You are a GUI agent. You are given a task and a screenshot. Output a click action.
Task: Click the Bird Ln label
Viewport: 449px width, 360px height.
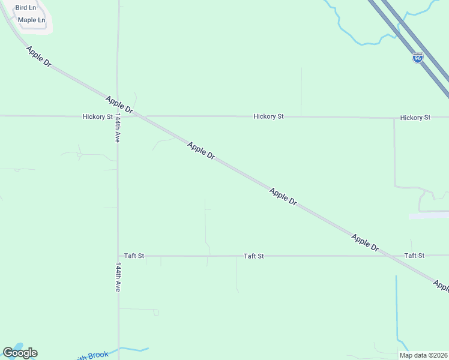tap(25, 8)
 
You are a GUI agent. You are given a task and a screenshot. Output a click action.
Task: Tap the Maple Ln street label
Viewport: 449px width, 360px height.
tap(31, 20)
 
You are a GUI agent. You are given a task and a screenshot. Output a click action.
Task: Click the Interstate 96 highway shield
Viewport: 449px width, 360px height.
tap(418, 59)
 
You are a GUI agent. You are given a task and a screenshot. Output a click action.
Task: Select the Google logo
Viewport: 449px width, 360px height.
tap(20, 352)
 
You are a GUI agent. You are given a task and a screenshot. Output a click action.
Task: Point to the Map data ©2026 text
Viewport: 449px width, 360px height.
tap(423, 355)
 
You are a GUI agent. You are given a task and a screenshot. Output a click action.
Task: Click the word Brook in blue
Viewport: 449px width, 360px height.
tap(98, 355)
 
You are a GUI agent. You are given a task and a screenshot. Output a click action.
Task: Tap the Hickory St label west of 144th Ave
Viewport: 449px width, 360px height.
tap(98, 116)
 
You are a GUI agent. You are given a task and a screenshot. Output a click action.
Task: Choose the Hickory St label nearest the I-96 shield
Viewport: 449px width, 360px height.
tap(415, 118)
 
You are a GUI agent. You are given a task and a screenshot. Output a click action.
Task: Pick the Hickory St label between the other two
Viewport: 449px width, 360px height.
tap(268, 116)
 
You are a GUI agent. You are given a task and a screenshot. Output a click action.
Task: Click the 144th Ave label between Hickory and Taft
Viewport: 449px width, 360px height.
tap(118, 127)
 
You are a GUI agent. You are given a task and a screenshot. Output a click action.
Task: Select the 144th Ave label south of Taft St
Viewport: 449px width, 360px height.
tap(118, 277)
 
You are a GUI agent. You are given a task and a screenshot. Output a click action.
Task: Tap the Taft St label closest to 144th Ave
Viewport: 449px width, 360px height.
tap(134, 256)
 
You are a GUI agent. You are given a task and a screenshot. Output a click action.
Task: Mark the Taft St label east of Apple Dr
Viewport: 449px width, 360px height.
tap(414, 256)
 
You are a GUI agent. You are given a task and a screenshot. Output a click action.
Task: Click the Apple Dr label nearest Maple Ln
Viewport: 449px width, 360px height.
tap(38, 56)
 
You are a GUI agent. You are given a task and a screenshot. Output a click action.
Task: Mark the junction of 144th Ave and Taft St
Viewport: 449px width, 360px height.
tap(118, 256)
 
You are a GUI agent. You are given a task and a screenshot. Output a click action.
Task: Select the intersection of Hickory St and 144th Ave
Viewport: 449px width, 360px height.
tap(118, 116)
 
